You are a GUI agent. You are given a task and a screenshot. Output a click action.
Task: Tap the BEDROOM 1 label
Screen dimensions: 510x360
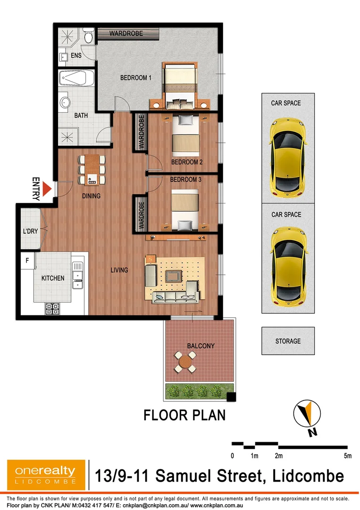[x=135, y=78]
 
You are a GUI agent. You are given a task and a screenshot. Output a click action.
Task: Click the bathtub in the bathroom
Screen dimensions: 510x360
[x=77, y=78]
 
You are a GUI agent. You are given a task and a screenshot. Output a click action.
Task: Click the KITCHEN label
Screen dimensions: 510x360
[x=53, y=278]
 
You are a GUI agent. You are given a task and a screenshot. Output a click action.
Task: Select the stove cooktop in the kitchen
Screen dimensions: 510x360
[x=52, y=309]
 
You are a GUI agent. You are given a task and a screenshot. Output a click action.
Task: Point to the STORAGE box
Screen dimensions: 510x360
[x=288, y=341]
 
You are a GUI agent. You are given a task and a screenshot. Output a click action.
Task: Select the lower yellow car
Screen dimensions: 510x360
[x=288, y=266]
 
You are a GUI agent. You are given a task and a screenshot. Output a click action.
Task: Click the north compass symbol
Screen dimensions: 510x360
[x=307, y=414]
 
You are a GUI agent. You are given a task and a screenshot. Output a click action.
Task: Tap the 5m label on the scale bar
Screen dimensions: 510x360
[x=348, y=456]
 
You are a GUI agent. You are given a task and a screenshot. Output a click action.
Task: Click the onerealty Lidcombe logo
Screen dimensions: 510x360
[x=46, y=475]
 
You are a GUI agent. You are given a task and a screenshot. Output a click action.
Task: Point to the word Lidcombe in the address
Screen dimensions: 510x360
[x=306, y=476]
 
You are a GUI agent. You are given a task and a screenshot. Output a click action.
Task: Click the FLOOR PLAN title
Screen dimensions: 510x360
[x=184, y=415]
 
